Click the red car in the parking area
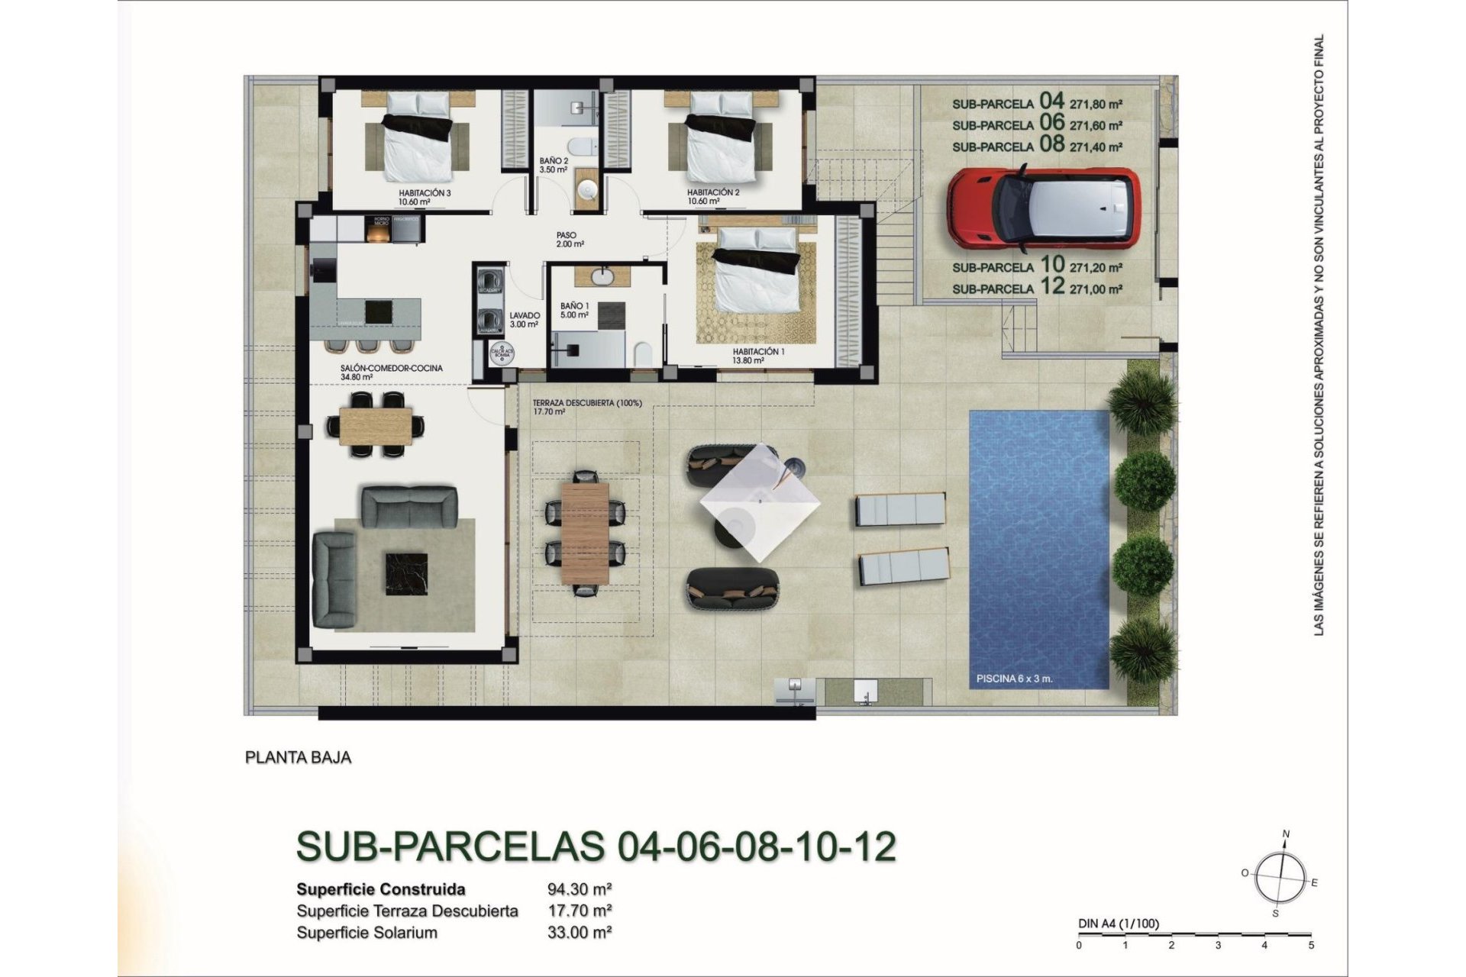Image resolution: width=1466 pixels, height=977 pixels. click(1043, 208)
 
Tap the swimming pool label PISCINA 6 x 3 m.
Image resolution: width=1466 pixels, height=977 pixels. click(1014, 678)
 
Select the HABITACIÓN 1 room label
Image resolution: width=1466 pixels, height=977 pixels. click(758, 352)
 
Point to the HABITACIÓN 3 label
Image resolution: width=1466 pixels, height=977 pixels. click(425, 193)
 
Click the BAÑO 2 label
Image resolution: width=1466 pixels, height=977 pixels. click(554, 161)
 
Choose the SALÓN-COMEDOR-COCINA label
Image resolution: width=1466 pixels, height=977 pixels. click(391, 368)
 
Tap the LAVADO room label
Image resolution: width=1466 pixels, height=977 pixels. click(525, 315)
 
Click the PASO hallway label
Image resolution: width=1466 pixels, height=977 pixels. click(567, 235)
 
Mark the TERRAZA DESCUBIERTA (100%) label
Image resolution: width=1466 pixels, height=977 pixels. click(587, 403)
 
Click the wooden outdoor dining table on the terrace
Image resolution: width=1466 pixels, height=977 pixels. click(585, 532)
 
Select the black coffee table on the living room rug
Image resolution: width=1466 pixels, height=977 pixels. click(405, 574)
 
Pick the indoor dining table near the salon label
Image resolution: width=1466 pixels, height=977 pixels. click(376, 425)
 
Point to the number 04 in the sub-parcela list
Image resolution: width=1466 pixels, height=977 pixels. click(1051, 101)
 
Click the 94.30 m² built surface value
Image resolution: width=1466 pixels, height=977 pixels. click(580, 889)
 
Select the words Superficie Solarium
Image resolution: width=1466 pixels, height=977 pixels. click(366, 933)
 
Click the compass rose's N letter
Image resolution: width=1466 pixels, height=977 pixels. click(1286, 834)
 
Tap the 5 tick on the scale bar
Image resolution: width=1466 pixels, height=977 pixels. click(1311, 945)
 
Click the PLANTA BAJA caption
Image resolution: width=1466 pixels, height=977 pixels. click(298, 757)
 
